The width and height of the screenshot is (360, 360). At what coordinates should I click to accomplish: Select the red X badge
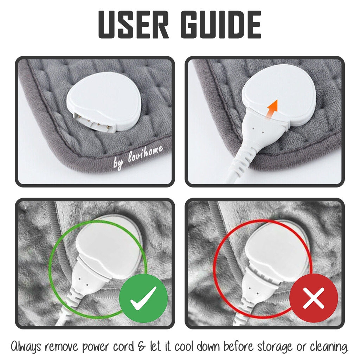pos(314,298)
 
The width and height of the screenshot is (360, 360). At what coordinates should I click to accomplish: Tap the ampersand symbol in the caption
pos(143,346)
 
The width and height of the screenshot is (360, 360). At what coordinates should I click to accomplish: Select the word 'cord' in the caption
pos(125,346)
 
